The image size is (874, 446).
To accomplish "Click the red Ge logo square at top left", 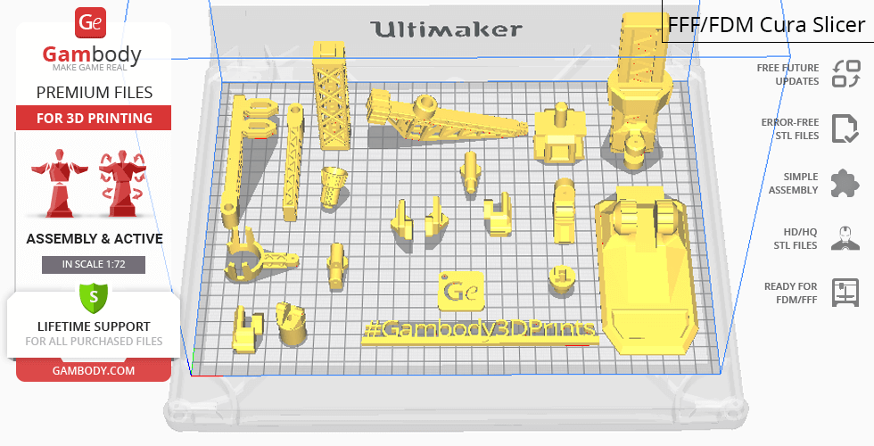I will [93, 23].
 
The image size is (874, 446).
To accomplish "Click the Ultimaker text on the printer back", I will [447, 29].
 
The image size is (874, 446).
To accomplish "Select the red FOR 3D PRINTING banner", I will [94, 118].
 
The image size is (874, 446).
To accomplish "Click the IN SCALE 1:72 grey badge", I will [94, 265].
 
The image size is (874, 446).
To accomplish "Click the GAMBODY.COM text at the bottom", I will [94, 369].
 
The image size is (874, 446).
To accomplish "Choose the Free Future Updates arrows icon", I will [845, 74].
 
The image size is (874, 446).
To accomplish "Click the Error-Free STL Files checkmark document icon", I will [844, 128].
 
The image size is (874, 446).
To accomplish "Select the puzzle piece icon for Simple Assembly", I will [844, 184].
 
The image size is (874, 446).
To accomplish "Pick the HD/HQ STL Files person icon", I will [844, 238].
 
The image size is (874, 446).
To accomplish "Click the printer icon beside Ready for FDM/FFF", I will [844, 293].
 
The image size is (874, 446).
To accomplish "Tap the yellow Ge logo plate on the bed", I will [460, 291].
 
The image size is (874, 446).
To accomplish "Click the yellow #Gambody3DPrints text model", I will [479, 330].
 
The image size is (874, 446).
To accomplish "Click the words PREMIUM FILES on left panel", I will [94, 93].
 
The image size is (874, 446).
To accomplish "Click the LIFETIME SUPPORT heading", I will [94, 326].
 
